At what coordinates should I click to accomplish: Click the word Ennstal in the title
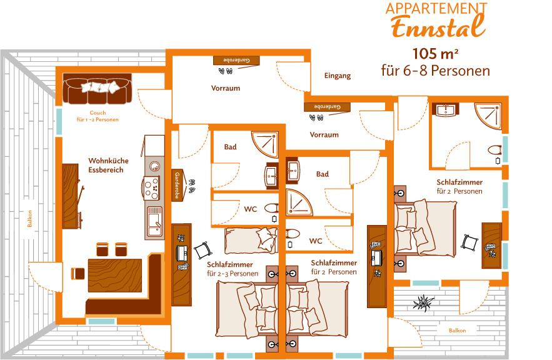(x=438, y=27)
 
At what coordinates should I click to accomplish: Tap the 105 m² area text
(x=436, y=54)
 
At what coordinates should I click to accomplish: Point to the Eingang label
(x=337, y=76)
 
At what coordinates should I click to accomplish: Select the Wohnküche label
(x=108, y=161)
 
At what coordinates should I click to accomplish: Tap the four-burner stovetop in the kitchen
(x=152, y=187)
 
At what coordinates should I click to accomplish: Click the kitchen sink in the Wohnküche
(x=154, y=221)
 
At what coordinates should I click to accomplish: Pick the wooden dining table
(x=115, y=276)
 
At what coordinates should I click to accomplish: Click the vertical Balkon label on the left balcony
(x=30, y=219)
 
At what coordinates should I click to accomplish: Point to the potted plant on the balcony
(x=423, y=302)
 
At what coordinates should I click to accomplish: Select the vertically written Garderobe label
(x=177, y=186)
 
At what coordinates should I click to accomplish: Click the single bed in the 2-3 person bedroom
(x=251, y=241)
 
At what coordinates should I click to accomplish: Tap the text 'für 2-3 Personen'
(x=233, y=274)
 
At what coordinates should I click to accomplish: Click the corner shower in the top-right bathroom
(x=488, y=116)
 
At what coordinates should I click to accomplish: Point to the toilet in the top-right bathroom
(x=495, y=150)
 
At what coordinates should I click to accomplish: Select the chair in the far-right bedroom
(x=470, y=242)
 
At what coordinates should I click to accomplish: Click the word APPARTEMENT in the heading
(x=436, y=9)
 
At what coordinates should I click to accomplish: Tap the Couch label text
(x=98, y=113)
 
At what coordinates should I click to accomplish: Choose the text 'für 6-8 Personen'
(x=436, y=71)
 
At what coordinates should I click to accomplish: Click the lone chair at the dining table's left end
(x=78, y=273)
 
